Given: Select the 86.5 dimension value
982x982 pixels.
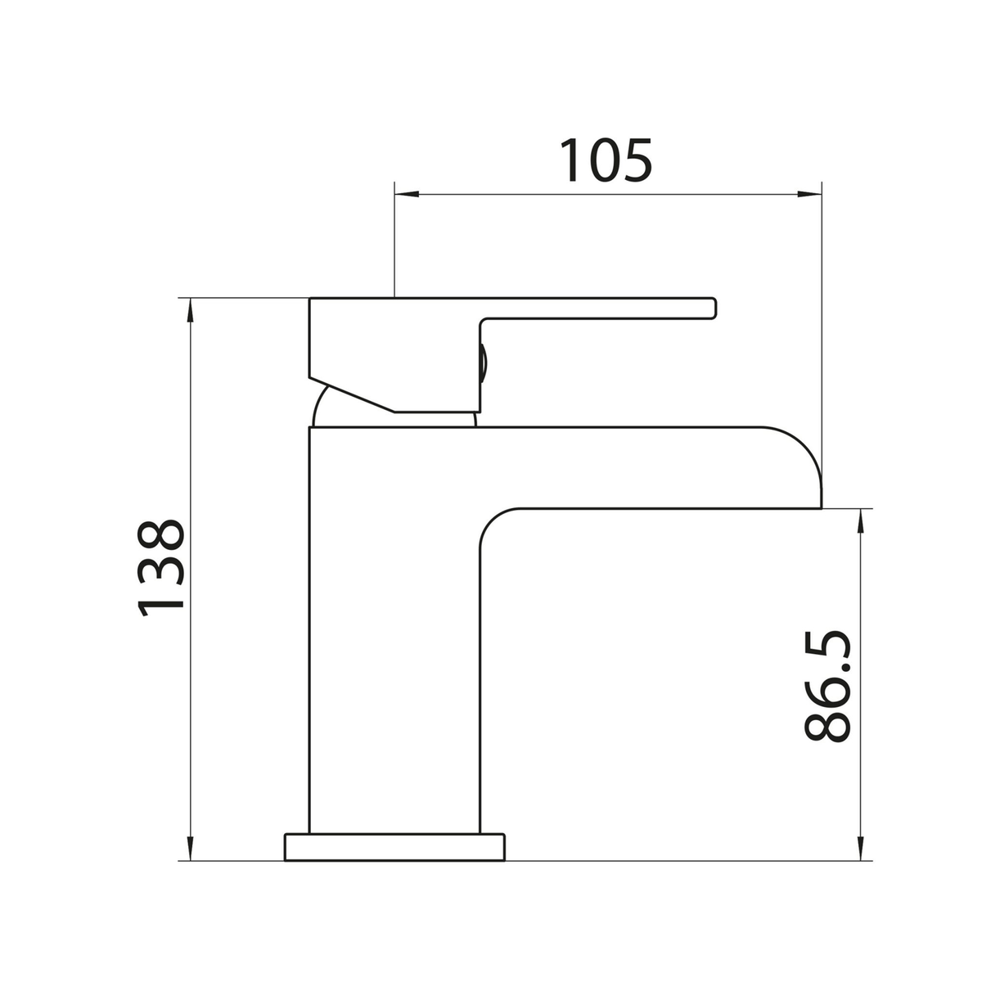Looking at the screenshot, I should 828,686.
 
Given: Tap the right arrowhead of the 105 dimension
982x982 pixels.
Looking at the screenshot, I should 809,195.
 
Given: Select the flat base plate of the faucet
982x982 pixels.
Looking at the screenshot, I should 395,847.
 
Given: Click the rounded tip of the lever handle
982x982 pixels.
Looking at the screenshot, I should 713,307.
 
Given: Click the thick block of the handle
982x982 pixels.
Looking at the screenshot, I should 393,344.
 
